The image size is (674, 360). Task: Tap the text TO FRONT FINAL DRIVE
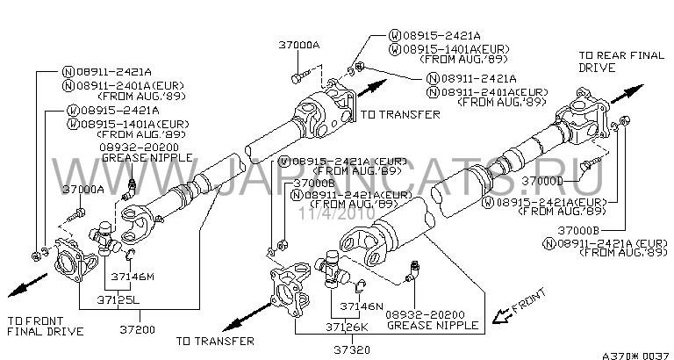[45, 325]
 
